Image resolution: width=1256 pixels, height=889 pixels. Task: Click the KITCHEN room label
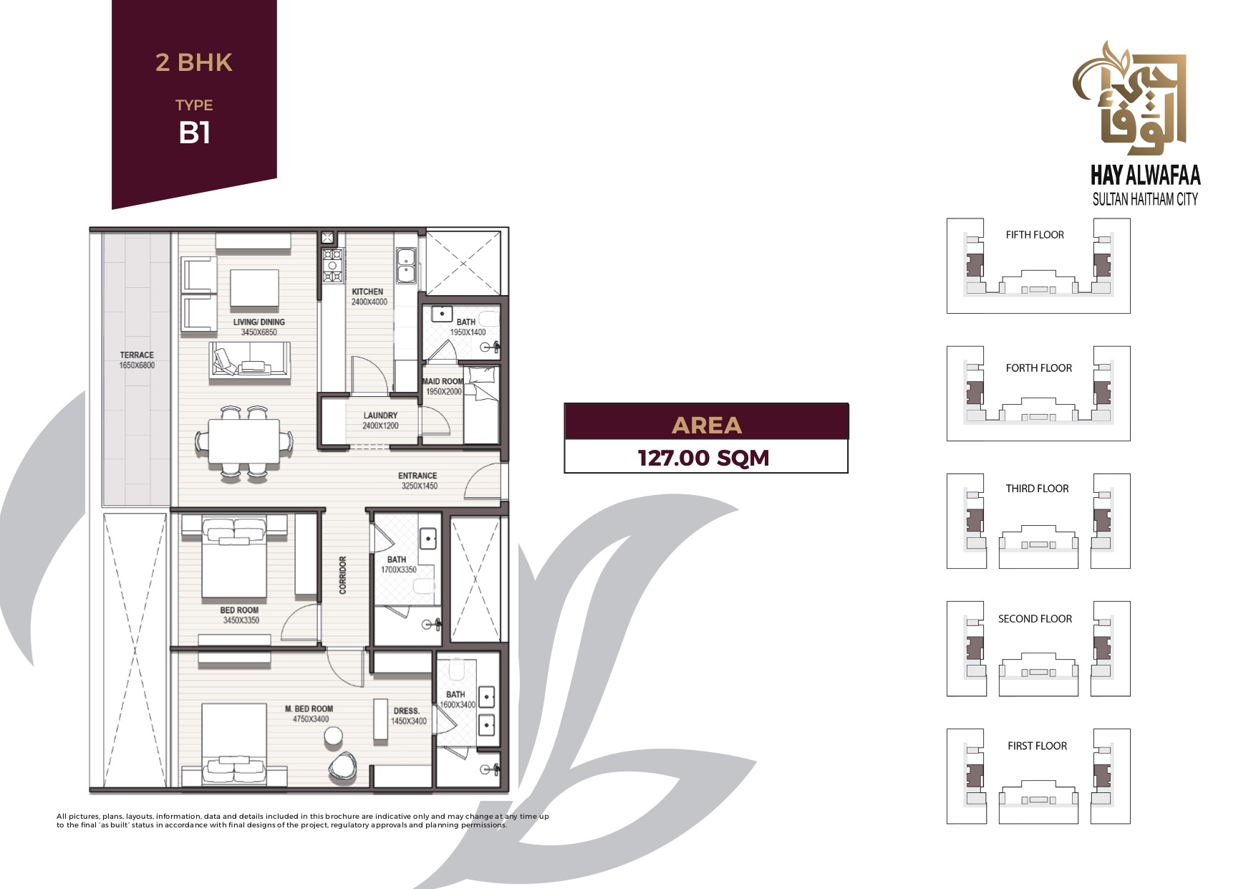367,292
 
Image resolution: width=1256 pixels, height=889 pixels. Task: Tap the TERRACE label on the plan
137,355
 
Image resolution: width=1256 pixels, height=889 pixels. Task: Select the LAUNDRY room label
380,415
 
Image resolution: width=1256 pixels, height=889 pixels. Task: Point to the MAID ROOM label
443,381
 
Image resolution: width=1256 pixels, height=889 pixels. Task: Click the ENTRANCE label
417,476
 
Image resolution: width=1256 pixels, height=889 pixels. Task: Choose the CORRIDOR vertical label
342,575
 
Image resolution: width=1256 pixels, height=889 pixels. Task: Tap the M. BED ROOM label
309,708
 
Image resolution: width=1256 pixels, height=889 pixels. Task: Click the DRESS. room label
406,711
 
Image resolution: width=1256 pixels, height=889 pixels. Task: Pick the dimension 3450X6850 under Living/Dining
259,332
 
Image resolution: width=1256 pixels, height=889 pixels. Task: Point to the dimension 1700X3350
398,570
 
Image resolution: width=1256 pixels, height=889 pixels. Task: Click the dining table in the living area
243,441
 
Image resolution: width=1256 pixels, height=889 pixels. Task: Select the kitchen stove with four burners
332,265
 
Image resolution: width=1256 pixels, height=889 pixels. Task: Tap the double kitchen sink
406,265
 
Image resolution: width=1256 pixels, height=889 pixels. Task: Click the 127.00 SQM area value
704,458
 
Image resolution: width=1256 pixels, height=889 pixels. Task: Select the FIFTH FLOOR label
1035,235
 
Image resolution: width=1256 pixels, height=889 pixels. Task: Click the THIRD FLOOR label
1037,489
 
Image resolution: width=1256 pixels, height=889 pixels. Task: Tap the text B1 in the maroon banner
194,133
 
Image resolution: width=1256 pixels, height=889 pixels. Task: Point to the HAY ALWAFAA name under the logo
1145,176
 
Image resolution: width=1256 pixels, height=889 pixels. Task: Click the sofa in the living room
250,360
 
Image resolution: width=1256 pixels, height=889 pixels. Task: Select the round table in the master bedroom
333,736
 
